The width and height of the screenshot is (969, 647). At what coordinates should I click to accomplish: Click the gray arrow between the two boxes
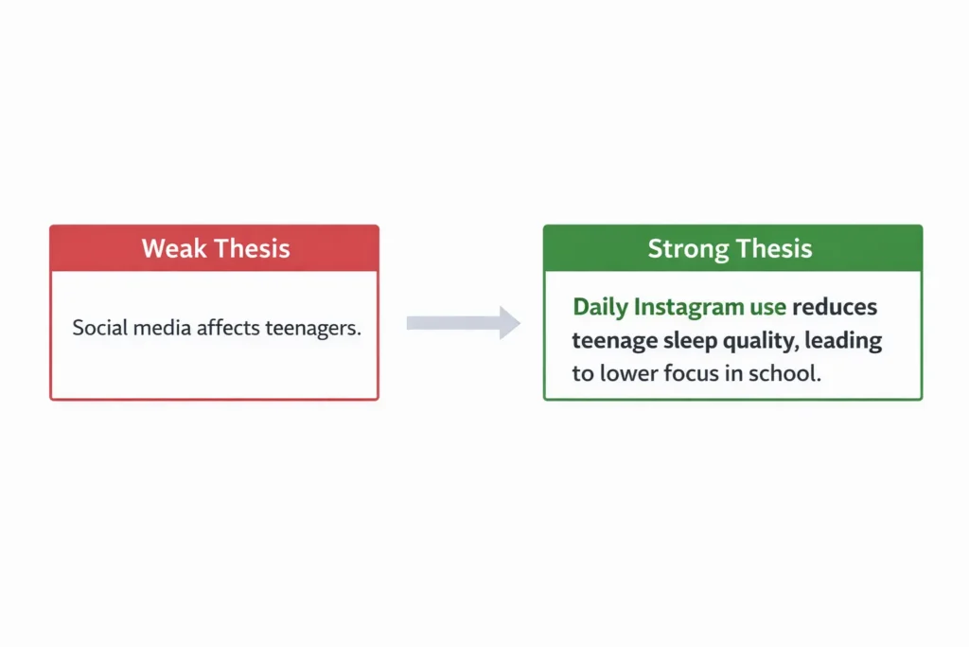click(464, 323)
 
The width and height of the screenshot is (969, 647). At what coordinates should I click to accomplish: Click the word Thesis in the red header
click(252, 249)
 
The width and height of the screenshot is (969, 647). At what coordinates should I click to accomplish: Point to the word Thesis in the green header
click(773, 249)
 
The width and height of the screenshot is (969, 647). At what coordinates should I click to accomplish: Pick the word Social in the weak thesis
click(98, 330)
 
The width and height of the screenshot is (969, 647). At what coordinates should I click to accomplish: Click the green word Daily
click(600, 307)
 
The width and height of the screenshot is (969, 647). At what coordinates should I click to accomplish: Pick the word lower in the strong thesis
click(627, 372)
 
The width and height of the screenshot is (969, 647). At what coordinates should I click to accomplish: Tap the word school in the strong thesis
click(784, 372)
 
